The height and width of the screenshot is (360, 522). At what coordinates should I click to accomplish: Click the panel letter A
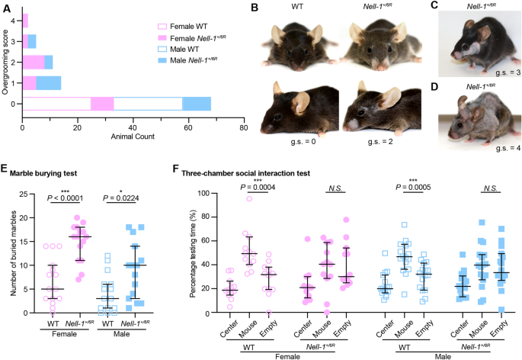click(6, 8)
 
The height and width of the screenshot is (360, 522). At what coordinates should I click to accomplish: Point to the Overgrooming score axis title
click(7, 61)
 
